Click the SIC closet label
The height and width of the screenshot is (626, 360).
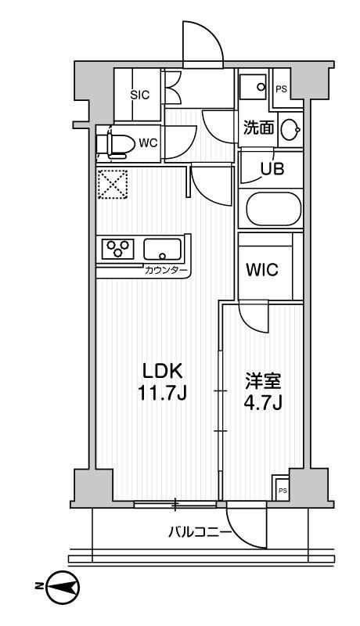pyautogui.click(x=139, y=95)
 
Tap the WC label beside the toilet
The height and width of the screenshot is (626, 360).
pyautogui.click(x=148, y=142)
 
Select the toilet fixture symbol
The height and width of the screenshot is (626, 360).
pyautogui.click(x=116, y=143)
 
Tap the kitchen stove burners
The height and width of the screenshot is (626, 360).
pyautogui.click(x=119, y=250)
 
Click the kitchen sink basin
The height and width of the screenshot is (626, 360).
pyautogui.click(x=162, y=250)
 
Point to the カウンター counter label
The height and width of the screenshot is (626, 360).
pyautogui.click(x=166, y=271)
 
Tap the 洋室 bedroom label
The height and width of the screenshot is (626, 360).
pyautogui.click(x=260, y=384)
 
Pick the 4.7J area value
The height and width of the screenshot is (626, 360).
pyautogui.click(x=260, y=405)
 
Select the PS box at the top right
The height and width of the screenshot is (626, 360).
pyautogui.click(x=281, y=88)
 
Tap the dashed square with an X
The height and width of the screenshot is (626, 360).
pyautogui.click(x=110, y=185)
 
